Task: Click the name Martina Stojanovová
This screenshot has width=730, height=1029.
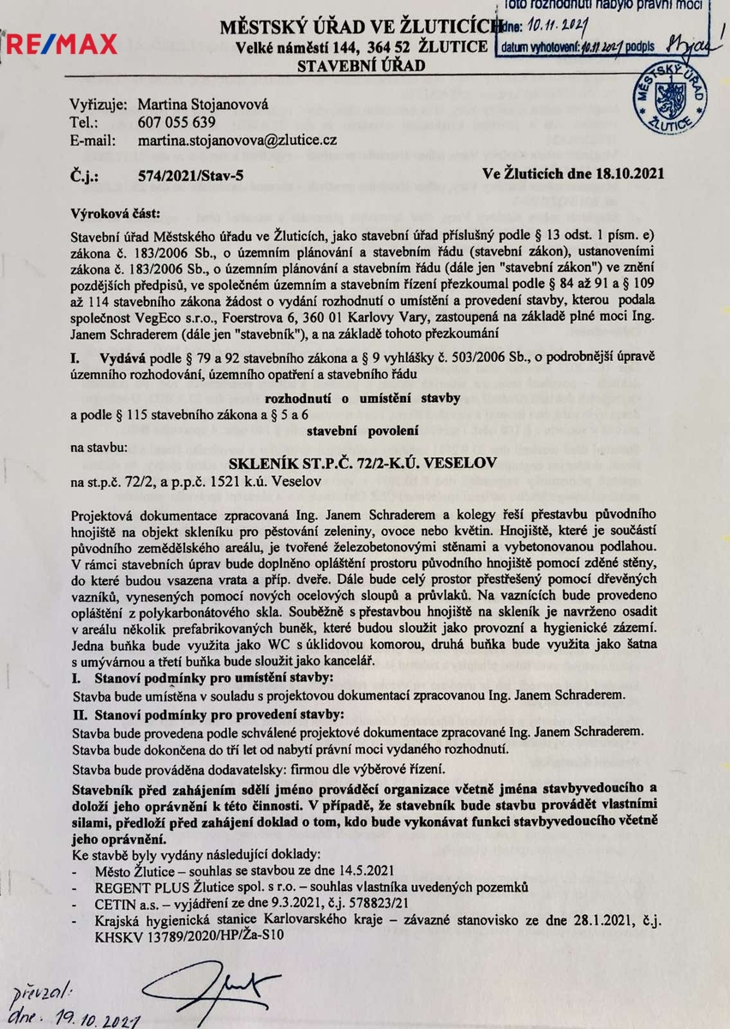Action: click(202, 104)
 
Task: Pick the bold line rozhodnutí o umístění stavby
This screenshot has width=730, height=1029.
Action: click(363, 398)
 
